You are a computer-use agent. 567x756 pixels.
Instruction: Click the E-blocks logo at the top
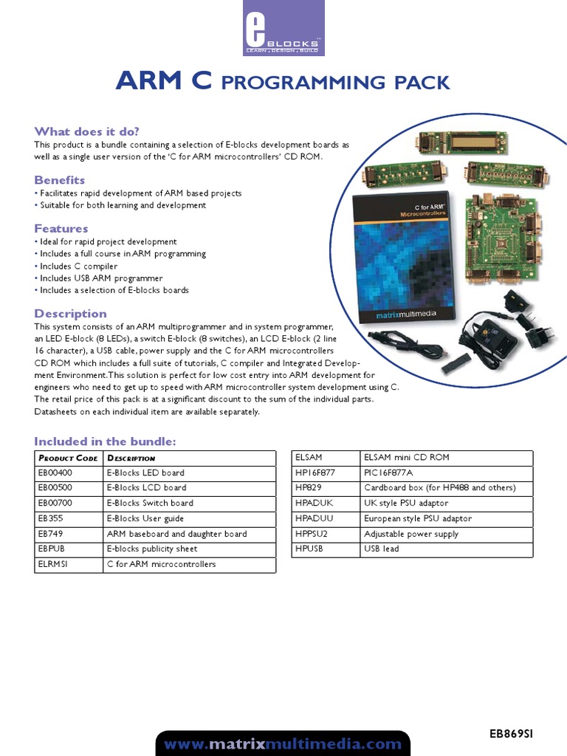click(283, 28)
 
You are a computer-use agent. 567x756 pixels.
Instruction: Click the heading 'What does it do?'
click(87, 131)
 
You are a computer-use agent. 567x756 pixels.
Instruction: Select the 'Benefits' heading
click(60, 180)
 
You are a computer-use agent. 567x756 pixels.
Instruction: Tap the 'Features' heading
click(61, 229)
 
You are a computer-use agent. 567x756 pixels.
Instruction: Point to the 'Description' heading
click(71, 314)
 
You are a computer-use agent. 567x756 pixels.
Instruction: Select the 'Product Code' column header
click(68, 458)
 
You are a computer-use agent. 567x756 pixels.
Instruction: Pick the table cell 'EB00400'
click(55, 472)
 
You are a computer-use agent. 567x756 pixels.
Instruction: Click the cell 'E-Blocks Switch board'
click(150, 503)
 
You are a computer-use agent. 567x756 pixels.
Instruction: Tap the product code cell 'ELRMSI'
click(52, 564)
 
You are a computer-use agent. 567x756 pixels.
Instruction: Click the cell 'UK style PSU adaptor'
click(406, 504)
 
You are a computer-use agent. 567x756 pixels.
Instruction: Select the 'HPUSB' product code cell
click(309, 549)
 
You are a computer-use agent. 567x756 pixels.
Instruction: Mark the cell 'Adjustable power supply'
click(411, 534)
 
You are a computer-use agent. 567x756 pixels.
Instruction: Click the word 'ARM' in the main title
click(148, 82)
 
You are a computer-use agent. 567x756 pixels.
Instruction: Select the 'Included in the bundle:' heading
click(106, 441)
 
